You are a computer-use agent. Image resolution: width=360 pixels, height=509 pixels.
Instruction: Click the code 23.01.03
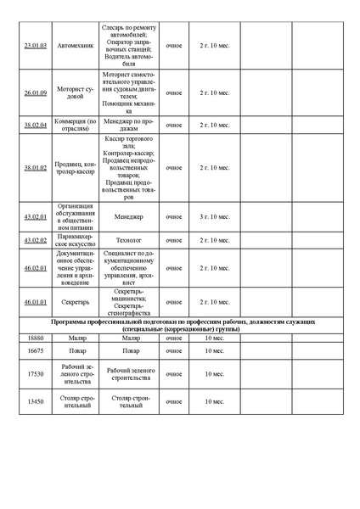[36, 45]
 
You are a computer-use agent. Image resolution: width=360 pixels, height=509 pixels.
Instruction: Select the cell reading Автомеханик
[75, 45]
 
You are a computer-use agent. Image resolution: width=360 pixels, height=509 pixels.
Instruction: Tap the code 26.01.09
[36, 92]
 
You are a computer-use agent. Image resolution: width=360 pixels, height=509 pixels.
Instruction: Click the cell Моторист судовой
[75, 92]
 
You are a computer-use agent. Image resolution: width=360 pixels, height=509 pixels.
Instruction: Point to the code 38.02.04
[36, 125]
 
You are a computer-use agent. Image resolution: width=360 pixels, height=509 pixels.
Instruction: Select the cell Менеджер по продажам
[128, 125]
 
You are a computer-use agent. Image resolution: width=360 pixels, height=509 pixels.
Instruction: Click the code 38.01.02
[36, 168]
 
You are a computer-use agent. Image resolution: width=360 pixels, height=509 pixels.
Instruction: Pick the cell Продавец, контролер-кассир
[75, 168]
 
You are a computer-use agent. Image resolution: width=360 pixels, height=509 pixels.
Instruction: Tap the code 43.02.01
[36, 217]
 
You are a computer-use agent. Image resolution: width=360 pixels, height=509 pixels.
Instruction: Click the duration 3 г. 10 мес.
[214, 217]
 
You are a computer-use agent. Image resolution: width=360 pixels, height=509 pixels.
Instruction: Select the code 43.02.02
[36, 240]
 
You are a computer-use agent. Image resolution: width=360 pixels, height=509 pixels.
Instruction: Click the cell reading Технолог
[128, 240]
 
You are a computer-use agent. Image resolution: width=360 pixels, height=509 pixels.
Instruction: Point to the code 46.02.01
[36, 268]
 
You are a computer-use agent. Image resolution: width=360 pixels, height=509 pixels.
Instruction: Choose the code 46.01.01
[36, 302]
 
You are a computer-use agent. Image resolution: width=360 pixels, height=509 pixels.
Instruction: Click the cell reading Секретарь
[75, 302]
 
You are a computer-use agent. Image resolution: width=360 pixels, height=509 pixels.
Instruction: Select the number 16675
[36, 350]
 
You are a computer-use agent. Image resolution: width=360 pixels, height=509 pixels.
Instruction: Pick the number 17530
[36, 373]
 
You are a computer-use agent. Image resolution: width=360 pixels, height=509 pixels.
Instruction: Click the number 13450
[36, 401]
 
